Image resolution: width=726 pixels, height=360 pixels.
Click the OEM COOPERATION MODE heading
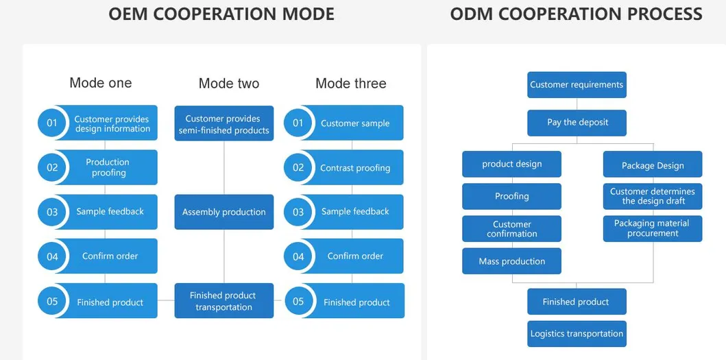coord(221,14)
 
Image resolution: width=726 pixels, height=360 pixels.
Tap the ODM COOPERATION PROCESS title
coord(576,14)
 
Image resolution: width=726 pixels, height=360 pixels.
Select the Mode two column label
coord(229,84)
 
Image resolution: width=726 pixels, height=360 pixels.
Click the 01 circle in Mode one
coord(52,123)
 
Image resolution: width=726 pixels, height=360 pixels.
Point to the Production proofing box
coord(108,167)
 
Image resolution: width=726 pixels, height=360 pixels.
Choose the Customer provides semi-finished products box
coord(224,123)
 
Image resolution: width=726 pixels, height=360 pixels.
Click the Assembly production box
coord(224,212)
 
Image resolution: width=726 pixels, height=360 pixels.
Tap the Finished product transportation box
coord(224,301)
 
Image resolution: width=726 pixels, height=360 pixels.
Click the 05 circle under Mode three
coord(298,302)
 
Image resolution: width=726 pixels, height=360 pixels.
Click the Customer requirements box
coord(577,85)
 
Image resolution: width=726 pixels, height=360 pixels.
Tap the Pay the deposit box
coord(577,123)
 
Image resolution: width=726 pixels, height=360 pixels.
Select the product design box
coord(511,164)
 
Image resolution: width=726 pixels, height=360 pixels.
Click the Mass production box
coord(511,261)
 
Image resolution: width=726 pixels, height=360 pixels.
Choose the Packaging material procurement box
coord(653,228)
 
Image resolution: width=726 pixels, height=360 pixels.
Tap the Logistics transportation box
coord(577,333)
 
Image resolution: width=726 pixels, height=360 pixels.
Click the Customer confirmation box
coord(511,228)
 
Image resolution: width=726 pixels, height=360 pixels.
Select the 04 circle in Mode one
coord(52,256)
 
